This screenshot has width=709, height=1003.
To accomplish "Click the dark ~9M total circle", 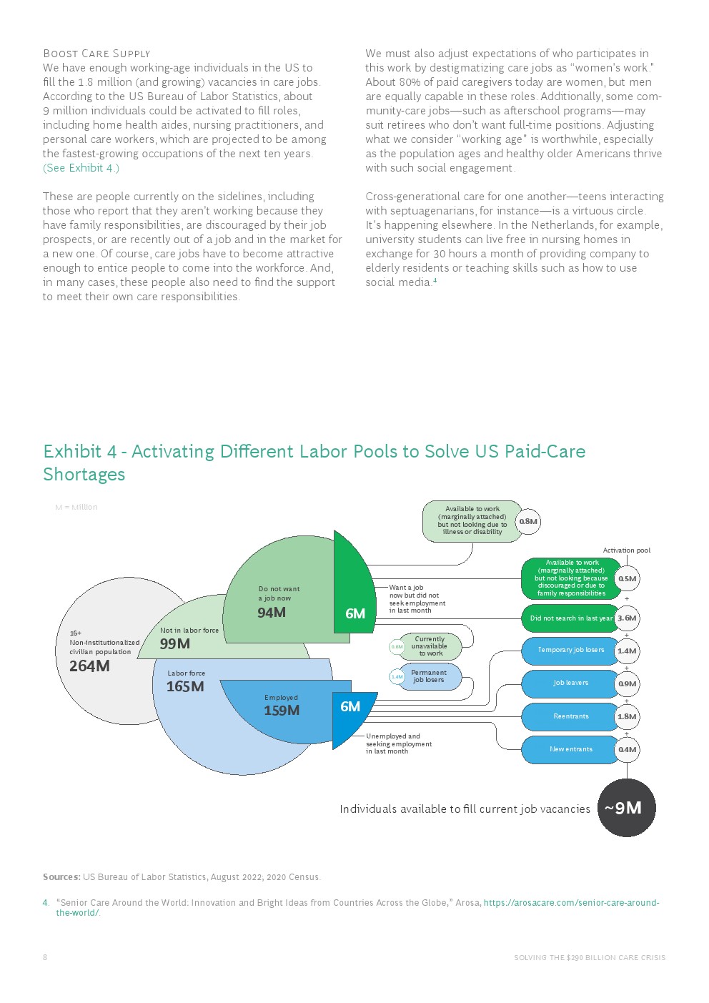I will tap(626, 808).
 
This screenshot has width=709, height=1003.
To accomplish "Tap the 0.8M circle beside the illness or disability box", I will tap(528, 522).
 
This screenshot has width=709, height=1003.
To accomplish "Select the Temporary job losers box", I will tap(570, 651).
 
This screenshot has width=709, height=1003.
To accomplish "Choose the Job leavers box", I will tap(570, 683).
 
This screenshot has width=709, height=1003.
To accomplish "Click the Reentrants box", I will tap(570, 716).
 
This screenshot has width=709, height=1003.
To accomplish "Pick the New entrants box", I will tap(570, 749).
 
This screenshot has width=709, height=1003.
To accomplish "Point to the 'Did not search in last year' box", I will tap(570, 618).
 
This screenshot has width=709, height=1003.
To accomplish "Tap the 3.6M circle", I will tap(627, 618).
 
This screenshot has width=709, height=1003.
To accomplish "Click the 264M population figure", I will tap(89, 666).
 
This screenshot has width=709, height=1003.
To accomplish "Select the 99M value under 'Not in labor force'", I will tap(174, 644).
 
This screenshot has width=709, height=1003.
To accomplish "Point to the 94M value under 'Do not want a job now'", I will tap(272, 613).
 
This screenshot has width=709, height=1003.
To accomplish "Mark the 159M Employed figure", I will tap(282, 711).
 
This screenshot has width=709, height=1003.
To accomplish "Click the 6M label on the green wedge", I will tap(355, 613).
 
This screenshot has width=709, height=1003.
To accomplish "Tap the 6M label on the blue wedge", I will tap(350, 706).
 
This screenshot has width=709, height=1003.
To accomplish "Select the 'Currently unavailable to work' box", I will tap(430, 646).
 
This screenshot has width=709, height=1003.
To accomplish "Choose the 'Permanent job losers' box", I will tap(429, 676).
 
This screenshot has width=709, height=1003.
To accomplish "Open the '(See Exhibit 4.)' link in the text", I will tap(81, 168).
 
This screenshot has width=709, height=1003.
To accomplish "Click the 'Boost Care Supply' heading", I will tap(96, 54).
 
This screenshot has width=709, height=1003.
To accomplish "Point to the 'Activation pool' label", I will tap(626, 550).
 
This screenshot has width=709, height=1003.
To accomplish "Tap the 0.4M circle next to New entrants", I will tap(627, 750).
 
